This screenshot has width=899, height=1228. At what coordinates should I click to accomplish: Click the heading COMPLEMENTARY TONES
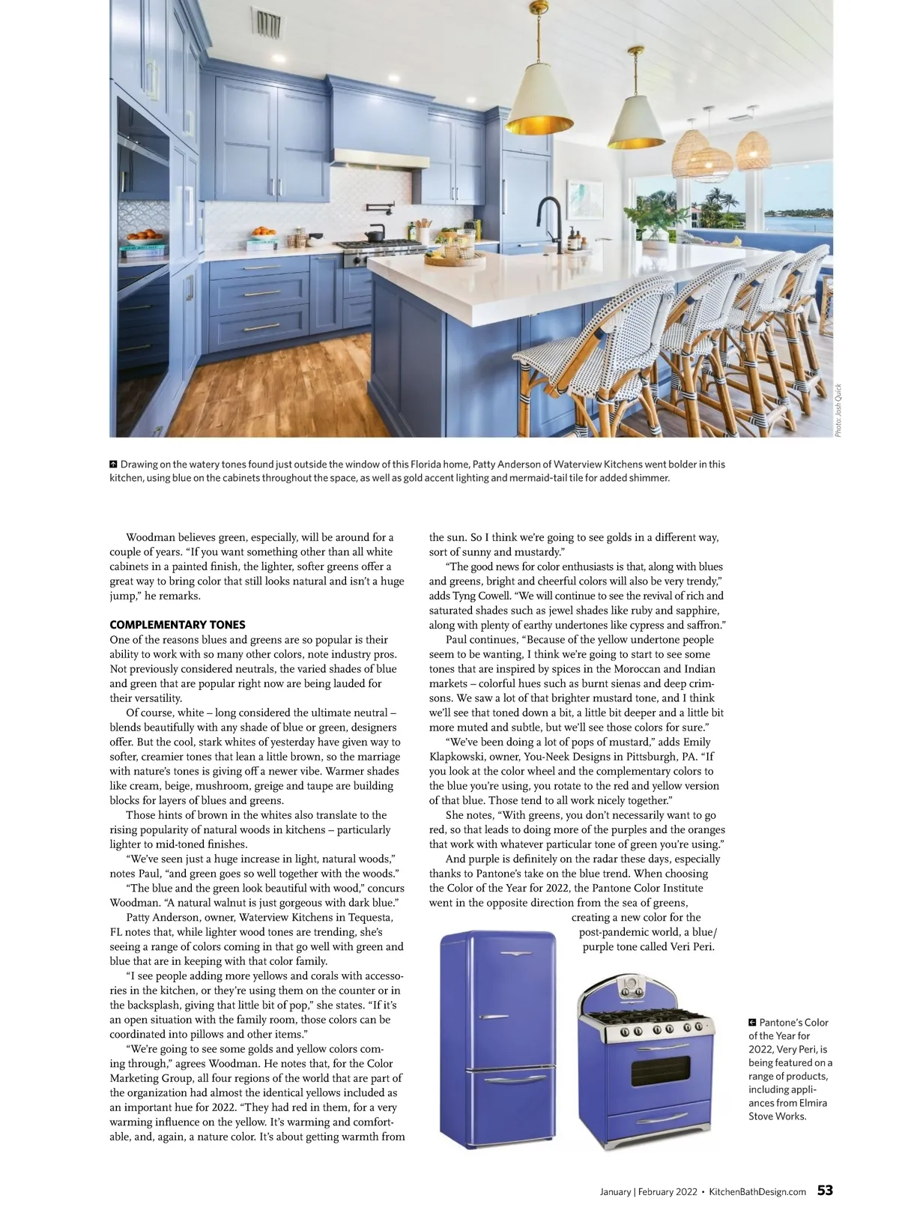pyautogui.click(x=177, y=625)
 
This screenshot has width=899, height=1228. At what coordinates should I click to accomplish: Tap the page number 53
pyautogui.click(x=825, y=1191)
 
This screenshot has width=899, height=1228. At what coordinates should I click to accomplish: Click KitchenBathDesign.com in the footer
pyautogui.click(x=757, y=1191)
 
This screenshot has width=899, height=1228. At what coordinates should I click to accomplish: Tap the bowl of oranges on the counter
pyautogui.click(x=263, y=232)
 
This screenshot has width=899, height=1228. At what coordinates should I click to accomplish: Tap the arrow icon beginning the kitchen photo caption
pyautogui.click(x=114, y=465)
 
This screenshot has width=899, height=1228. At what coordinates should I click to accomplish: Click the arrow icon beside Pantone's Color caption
pyautogui.click(x=752, y=1023)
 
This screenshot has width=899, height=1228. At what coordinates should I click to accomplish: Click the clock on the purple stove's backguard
pyautogui.click(x=629, y=984)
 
